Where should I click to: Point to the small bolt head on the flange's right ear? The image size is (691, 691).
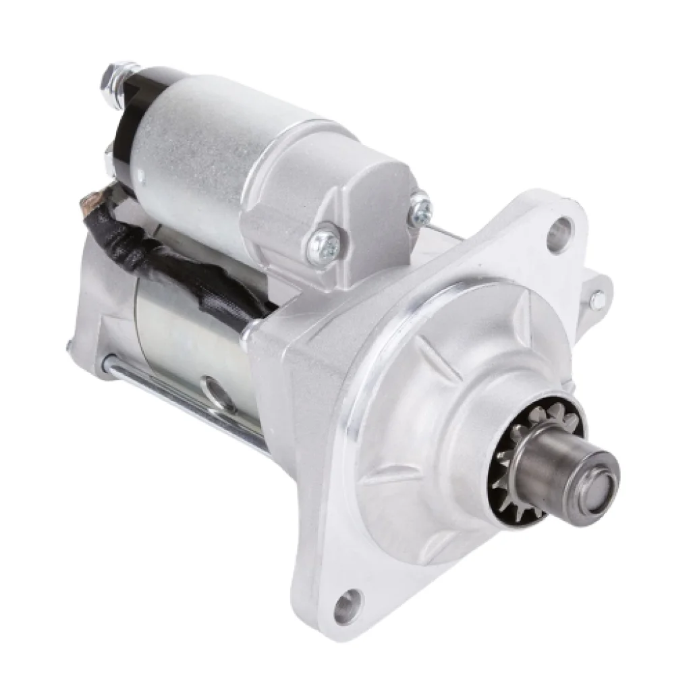tap(595, 298)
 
